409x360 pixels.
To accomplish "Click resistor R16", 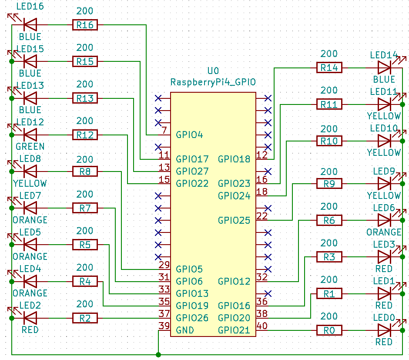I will [x=85, y=25].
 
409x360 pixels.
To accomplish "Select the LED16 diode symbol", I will [x=30, y=25].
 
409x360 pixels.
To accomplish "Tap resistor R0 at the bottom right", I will [x=329, y=330].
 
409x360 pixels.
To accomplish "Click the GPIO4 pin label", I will [x=189, y=135].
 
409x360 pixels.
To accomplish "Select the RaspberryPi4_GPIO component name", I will [x=213, y=82].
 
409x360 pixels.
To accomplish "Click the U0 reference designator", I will [x=213, y=71].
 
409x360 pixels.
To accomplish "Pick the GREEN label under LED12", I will [x=30, y=146].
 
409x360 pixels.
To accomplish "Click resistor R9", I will [x=329, y=184].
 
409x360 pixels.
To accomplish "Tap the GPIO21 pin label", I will [x=234, y=330].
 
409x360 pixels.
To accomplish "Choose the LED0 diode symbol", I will [x=384, y=330].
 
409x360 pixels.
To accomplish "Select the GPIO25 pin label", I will [x=234, y=220].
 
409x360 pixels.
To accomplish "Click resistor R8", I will [x=85, y=172].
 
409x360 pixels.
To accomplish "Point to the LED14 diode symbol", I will [x=384, y=67].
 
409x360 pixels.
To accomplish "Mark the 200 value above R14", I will [x=329, y=54].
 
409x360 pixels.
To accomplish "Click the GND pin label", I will [x=185, y=330].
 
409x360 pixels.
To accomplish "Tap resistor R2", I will [x=85, y=318].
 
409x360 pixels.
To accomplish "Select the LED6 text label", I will [x=383, y=208].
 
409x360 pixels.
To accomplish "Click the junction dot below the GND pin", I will [x=158, y=355].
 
